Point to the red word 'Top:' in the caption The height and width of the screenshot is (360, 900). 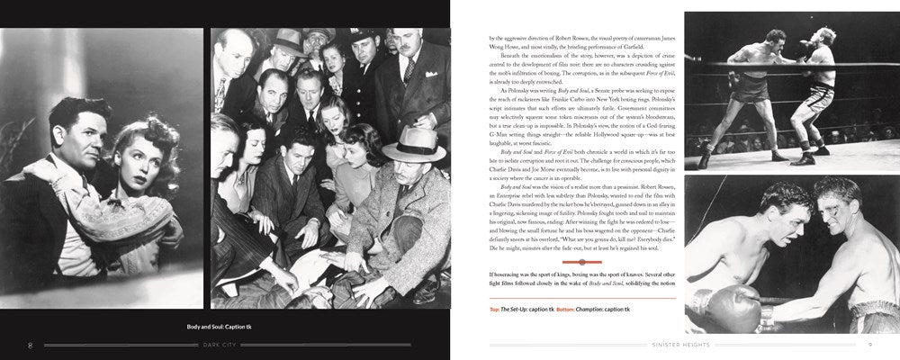point(496,310)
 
